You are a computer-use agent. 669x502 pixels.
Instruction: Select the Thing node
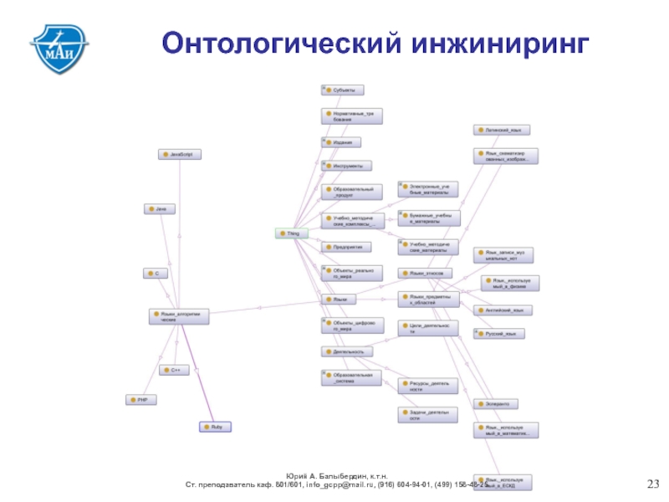[292, 233]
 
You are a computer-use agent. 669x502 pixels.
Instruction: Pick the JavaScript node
[181, 155]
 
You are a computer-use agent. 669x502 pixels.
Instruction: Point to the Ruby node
[215, 427]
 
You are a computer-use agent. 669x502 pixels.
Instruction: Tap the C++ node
[175, 369]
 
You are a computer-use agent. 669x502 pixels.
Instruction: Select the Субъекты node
[343, 90]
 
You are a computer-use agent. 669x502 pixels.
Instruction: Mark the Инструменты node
[346, 166]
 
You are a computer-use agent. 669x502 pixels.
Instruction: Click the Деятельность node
[347, 352]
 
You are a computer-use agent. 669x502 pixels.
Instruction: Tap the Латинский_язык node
[502, 131]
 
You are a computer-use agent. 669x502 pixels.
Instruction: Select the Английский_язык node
[503, 310]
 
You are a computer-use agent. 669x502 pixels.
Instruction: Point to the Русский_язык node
[499, 334]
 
